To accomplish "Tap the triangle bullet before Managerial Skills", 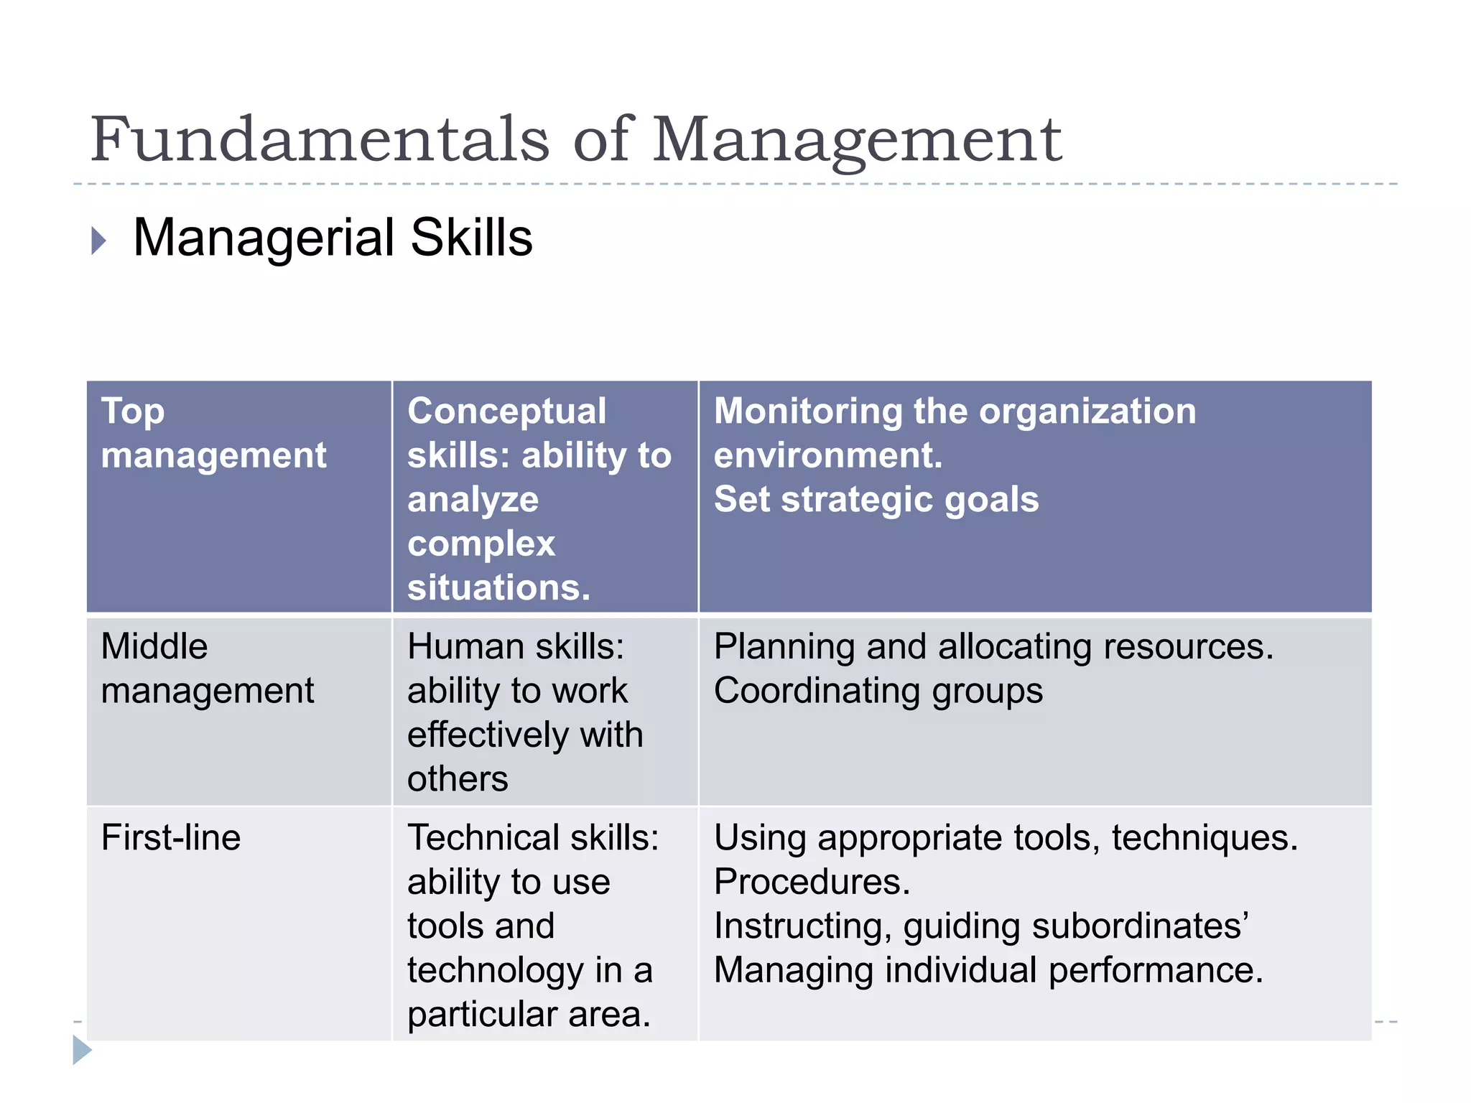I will tap(98, 240).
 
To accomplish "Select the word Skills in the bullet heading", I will tap(471, 238).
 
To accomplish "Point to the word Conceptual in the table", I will tap(506, 411).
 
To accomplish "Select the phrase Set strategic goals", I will tap(876, 499).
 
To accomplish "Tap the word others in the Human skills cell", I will tap(458, 778).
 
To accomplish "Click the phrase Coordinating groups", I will tap(878, 691).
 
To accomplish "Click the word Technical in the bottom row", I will tap(483, 837).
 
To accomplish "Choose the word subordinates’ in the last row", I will tap(1141, 926).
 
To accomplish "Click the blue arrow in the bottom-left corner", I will tap(81, 1050).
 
